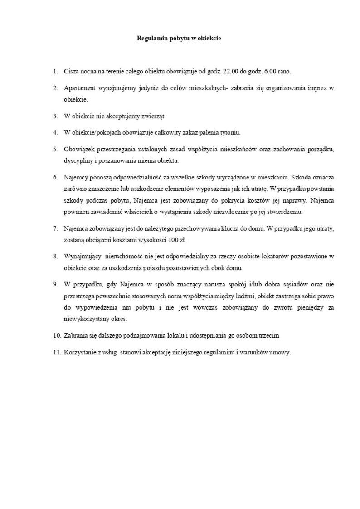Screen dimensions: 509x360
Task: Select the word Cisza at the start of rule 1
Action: pos(71,72)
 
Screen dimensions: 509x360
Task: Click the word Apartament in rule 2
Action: pos(79,87)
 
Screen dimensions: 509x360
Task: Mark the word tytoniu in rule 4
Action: pos(229,132)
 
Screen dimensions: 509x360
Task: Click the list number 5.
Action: pos(55,149)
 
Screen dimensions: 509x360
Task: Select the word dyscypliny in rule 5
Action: pos(77,160)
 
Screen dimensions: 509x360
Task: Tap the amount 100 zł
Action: pos(175,240)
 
